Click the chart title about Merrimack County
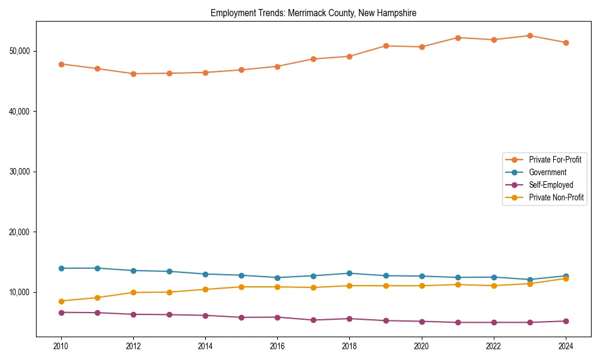pyautogui.click(x=313, y=13)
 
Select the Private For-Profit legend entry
pyautogui.click(x=554, y=160)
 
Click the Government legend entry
pyautogui.click(x=547, y=172)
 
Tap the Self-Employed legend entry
pyautogui.click(x=551, y=185)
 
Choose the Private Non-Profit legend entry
pyautogui.click(x=556, y=197)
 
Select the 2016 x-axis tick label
pyautogui.click(x=277, y=346)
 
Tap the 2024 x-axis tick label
pyautogui.click(x=565, y=346)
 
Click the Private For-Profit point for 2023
pyautogui.click(x=530, y=35)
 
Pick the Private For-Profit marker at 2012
pyautogui.click(x=133, y=74)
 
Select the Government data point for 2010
pyautogui.click(x=61, y=268)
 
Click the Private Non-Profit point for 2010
pyautogui.click(x=61, y=301)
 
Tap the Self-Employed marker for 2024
pyautogui.click(x=565, y=321)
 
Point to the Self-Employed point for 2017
pyautogui.click(x=313, y=320)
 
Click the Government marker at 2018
pyautogui.click(x=349, y=273)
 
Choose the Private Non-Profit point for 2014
pyautogui.click(x=205, y=289)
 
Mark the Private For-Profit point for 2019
pyautogui.click(x=385, y=46)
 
